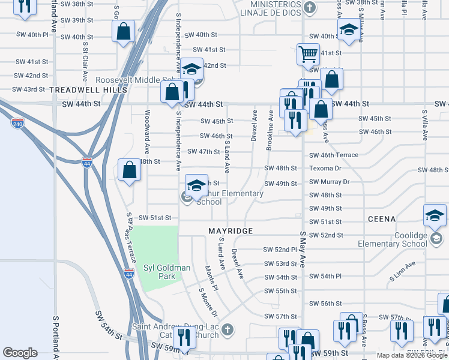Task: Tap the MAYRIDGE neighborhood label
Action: [231, 231]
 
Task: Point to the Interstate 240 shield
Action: [17, 123]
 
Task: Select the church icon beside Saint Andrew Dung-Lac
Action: [226, 329]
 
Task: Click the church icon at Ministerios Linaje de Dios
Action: [309, 8]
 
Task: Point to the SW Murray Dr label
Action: [329, 181]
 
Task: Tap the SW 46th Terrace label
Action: [333, 155]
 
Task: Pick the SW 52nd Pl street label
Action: [280, 250]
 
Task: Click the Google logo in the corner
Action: [20, 353]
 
